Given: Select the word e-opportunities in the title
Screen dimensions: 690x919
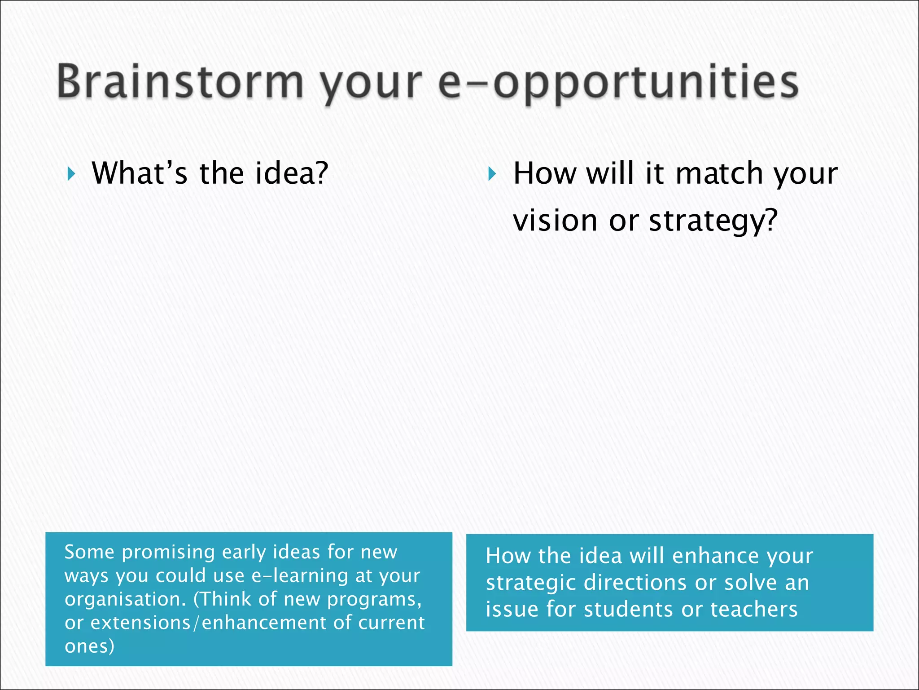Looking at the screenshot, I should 618,83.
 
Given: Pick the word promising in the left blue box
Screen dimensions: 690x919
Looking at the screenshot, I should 168,553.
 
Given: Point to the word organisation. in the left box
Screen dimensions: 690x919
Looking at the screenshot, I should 125,599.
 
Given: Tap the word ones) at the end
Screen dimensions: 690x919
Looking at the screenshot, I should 89,646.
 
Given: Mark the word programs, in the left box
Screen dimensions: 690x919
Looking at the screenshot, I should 374,599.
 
